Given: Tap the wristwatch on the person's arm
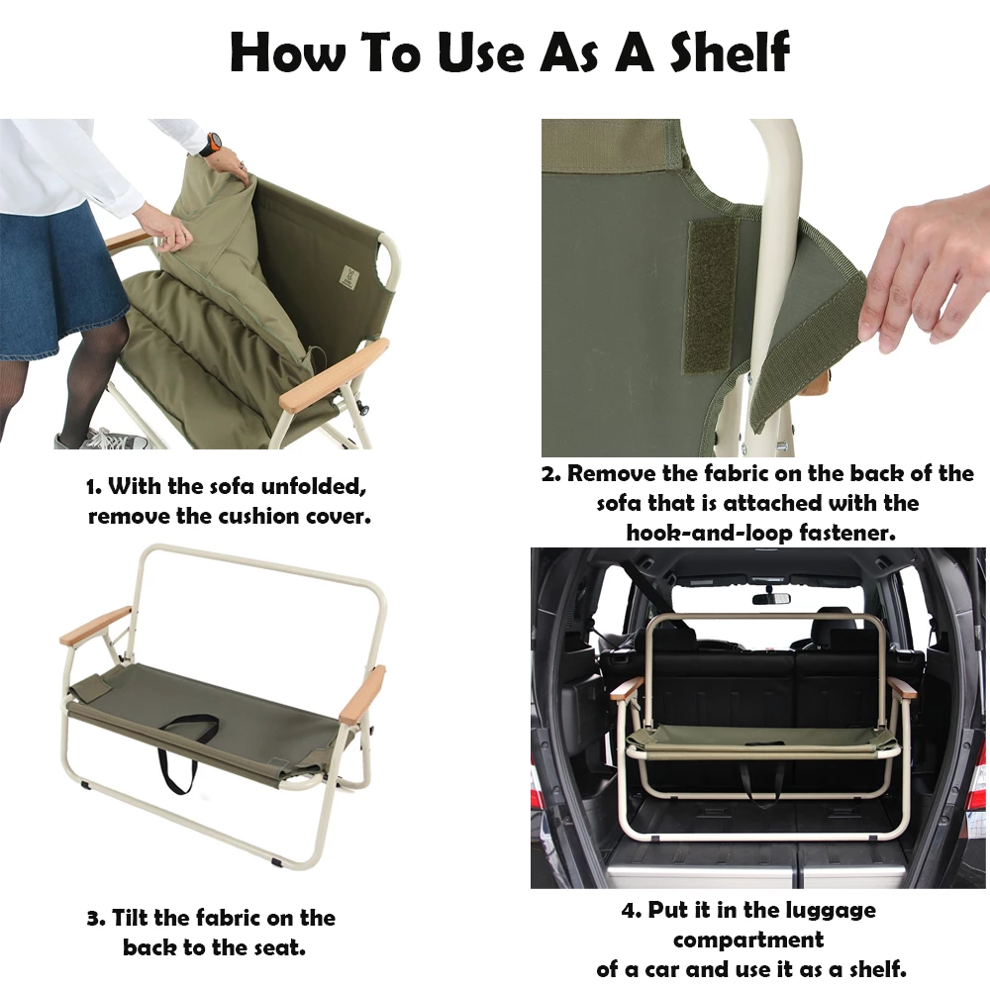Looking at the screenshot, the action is (x=211, y=145).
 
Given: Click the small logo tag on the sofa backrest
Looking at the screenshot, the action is (x=349, y=276).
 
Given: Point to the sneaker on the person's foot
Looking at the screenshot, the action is (x=101, y=439).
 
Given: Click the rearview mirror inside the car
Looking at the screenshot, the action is (x=771, y=598).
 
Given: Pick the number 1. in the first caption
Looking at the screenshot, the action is (x=94, y=487).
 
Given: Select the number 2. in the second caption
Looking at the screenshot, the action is (x=550, y=473).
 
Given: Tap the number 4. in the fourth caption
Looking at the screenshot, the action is (x=631, y=911).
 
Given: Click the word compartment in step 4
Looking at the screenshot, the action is (x=748, y=940).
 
